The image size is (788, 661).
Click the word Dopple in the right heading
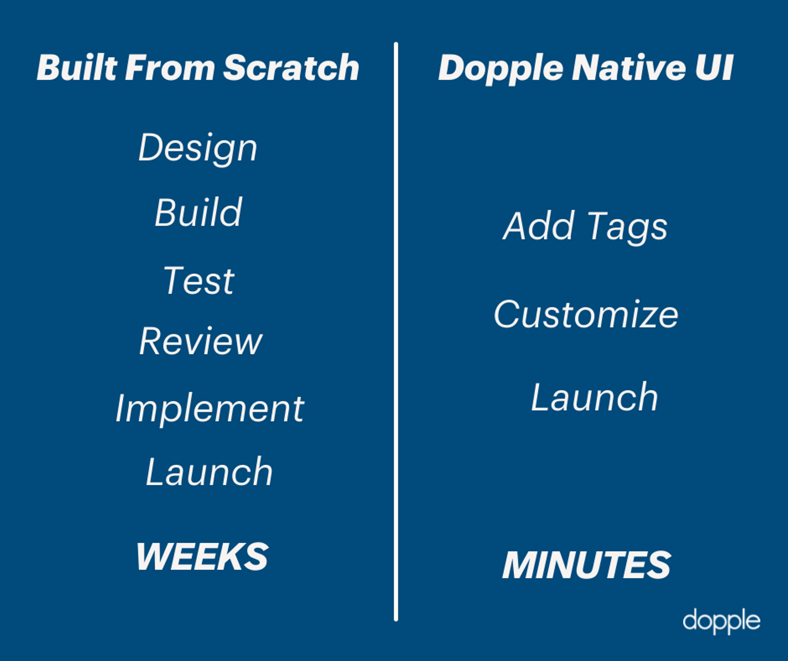tap(501, 69)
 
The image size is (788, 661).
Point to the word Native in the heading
tap(629, 67)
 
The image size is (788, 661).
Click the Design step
tap(198, 149)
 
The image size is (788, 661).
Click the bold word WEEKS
tap(202, 557)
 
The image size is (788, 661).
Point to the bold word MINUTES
tap(586, 565)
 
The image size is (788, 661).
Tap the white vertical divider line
tap(396, 332)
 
